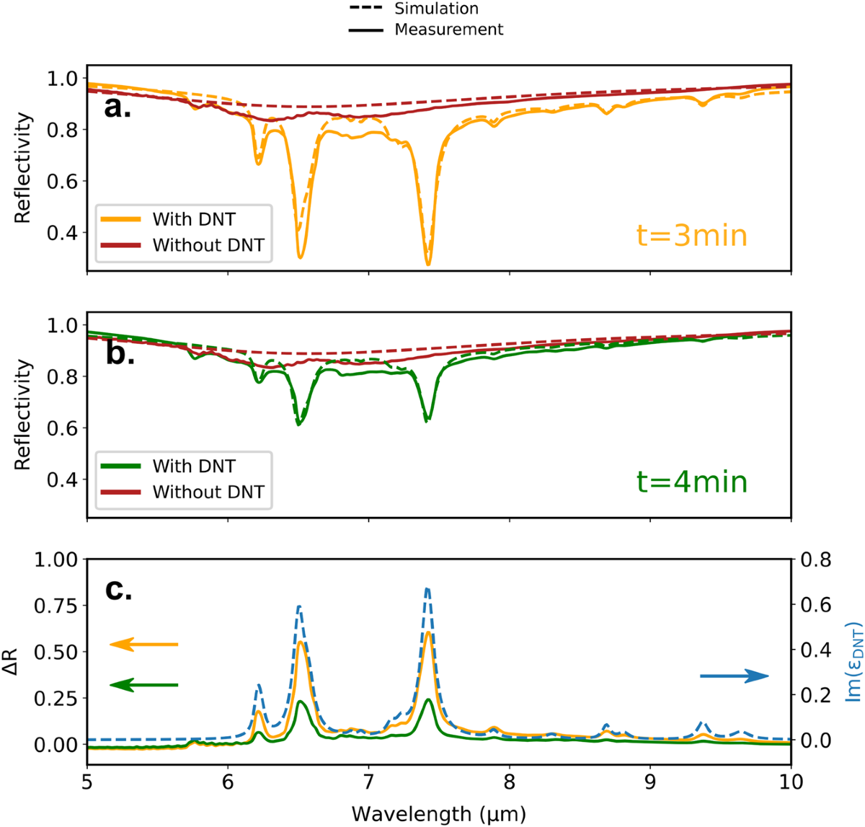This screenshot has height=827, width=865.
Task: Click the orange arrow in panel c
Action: tap(144, 644)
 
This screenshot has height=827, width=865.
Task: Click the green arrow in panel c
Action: tap(144, 685)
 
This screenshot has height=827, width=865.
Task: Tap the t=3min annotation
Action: tap(691, 236)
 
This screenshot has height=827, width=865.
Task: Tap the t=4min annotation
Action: tap(691, 482)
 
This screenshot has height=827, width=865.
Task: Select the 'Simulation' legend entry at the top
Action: tap(436, 9)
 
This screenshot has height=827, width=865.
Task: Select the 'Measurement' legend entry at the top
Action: tap(448, 30)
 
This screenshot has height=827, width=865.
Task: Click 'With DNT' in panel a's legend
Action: tap(193, 219)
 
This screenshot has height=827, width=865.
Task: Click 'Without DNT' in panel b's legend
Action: tap(208, 492)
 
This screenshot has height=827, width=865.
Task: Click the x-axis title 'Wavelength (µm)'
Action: tap(438, 814)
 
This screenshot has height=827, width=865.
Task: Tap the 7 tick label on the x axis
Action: tap(368, 783)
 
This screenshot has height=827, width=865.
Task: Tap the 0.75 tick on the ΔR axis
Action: tap(54, 606)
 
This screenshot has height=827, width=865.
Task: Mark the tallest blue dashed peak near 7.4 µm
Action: tap(427, 589)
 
